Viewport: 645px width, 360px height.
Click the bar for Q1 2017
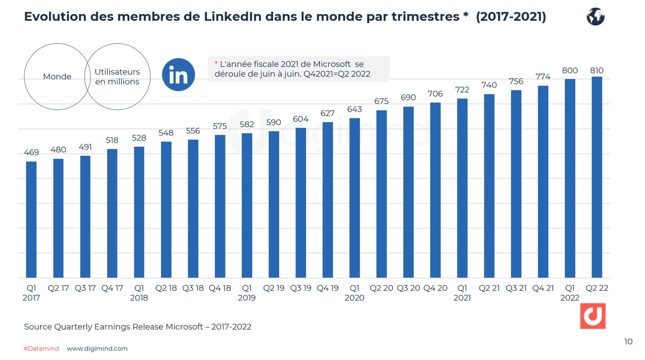(x=31, y=220)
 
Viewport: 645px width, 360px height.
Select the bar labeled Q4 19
(x=328, y=200)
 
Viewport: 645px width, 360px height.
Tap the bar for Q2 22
(x=597, y=177)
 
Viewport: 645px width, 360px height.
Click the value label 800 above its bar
(x=570, y=71)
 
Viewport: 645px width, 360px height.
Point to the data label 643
(x=355, y=109)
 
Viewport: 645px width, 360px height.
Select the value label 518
(x=112, y=140)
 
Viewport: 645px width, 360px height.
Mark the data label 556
(x=193, y=131)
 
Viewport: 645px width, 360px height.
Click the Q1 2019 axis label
(x=247, y=293)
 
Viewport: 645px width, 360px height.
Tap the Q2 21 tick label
(x=489, y=288)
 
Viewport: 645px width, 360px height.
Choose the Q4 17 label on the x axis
(x=112, y=288)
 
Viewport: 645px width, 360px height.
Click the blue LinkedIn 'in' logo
(x=178, y=75)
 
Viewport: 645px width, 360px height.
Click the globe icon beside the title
(x=595, y=17)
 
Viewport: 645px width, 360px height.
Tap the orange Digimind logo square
(x=592, y=316)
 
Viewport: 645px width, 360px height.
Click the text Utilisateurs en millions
(x=117, y=77)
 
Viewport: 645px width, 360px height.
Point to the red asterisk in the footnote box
(x=216, y=64)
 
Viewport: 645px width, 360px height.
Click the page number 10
(x=628, y=342)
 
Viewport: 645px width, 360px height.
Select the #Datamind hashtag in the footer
(x=41, y=349)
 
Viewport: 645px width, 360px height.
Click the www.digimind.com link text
(x=97, y=349)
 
